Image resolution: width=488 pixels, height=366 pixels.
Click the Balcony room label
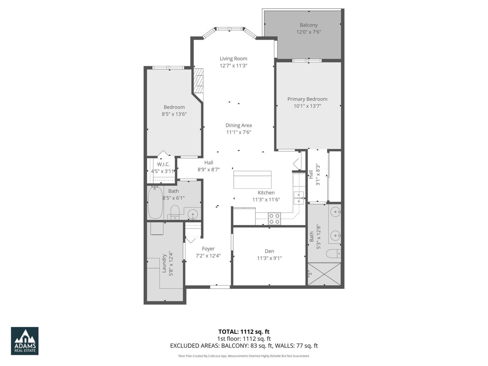coord(308,25)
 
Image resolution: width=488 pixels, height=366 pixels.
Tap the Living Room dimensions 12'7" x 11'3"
coord(233,66)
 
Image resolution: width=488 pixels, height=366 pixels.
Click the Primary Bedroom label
coord(307,99)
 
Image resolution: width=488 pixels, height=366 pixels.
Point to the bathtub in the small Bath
coord(155,203)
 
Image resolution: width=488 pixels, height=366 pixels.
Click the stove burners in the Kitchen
coord(274,219)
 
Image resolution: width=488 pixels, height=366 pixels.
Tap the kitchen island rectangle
coord(252,180)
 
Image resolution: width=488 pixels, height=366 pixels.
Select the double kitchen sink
coord(299,198)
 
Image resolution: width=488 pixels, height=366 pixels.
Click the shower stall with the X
coord(324,274)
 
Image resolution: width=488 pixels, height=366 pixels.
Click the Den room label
coord(269,251)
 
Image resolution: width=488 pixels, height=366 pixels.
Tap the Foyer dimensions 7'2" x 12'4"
coord(208,256)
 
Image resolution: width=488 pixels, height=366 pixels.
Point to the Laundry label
coord(164,263)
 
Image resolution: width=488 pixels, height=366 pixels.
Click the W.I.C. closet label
coord(163,164)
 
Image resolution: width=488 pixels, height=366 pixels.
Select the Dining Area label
coord(239,125)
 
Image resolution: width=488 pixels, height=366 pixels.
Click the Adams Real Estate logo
coord(25,341)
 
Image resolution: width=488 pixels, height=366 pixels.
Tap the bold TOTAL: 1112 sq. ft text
coord(244,332)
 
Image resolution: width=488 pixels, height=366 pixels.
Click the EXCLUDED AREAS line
coord(244,346)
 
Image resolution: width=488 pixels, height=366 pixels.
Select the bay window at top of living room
coord(230,29)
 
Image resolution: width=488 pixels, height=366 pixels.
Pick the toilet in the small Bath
coord(174,211)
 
